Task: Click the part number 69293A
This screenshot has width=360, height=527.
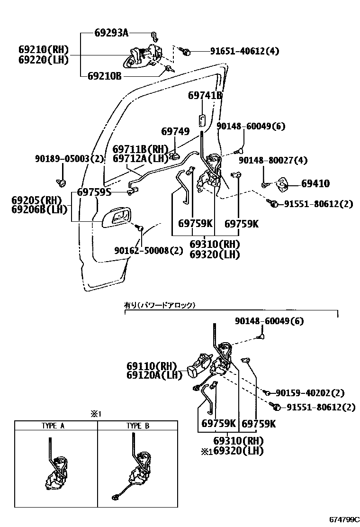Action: tap(111, 33)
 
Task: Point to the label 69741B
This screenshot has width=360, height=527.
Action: tap(205, 95)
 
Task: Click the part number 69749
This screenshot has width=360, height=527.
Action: tap(175, 132)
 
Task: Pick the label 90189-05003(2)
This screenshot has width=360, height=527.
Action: tap(69, 159)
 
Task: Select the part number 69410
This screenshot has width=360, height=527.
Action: tap(315, 183)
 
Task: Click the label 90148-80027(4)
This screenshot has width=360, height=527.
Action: tap(273, 161)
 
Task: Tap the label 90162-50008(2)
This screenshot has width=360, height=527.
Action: tap(148, 250)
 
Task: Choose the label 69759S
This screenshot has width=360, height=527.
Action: tap(94, 192)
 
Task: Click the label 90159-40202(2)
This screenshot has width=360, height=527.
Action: tap(310, 392)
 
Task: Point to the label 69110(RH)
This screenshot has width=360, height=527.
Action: tap(151, 366)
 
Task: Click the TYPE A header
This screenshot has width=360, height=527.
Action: tap(56, 426)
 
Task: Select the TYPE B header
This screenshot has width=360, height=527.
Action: tap(138, 426)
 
